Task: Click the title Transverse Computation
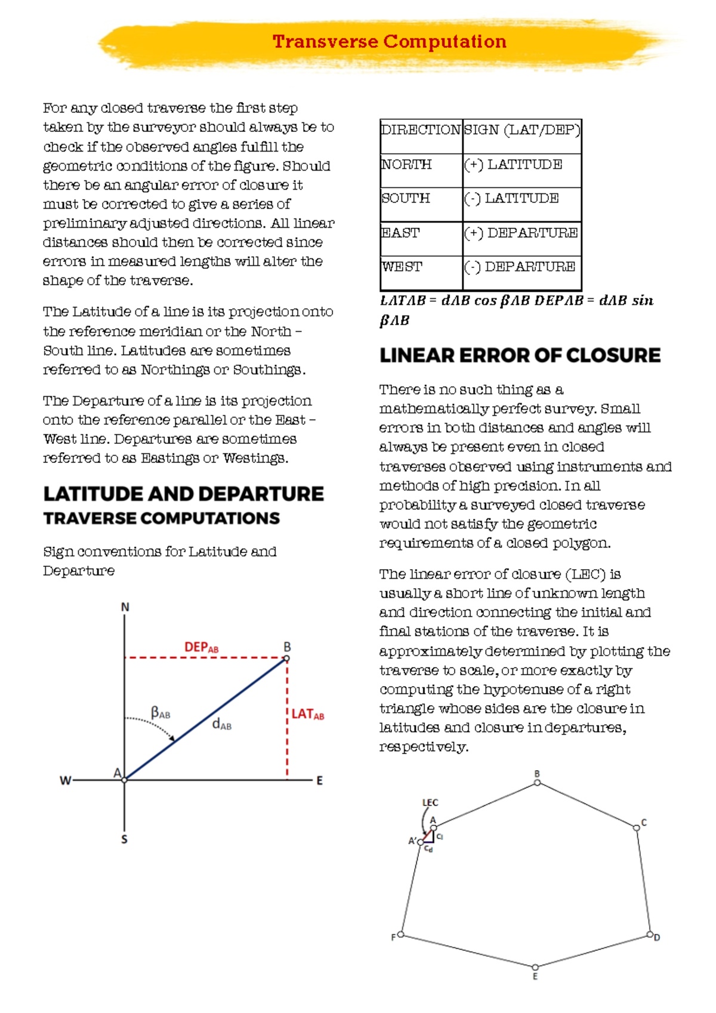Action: click(389, 42)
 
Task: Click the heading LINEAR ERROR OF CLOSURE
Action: click(520, 356)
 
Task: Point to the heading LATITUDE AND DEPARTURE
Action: click(183, 494)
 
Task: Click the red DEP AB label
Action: click(201, 647)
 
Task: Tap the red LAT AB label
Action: click(307, 714)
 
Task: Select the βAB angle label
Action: click(160, 712)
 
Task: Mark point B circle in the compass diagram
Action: click(287, 659)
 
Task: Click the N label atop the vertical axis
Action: click(125, 607)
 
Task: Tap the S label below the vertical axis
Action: click(124, 839)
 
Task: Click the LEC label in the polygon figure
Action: click(430, 803)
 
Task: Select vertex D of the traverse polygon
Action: click(650, 935)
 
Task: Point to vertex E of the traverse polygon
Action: click(535, 967)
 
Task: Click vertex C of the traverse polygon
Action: click(637, 827)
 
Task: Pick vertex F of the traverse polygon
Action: click(401, 935)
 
